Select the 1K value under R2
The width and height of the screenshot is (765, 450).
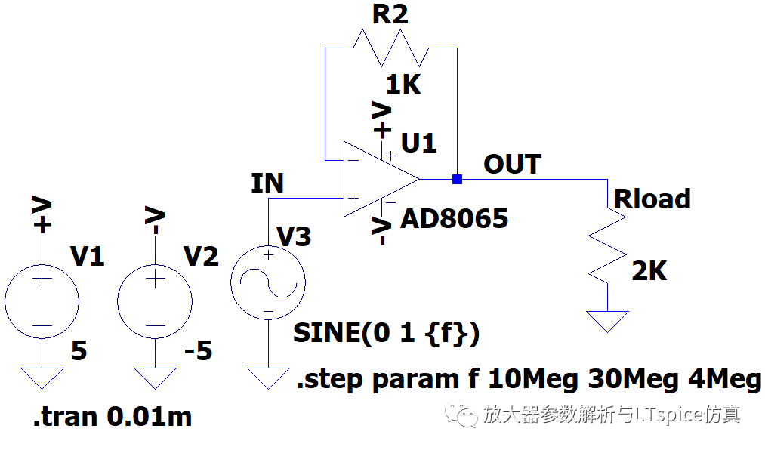click(x=403, y=85)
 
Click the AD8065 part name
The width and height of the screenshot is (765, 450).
click(x=454, y=219)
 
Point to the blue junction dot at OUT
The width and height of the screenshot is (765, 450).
click(x=457, y=179)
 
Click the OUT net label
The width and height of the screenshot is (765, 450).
click(x=512, y=164)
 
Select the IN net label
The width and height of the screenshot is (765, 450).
click(x=267, y=183)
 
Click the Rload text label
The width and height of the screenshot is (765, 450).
click(x=652, y=199)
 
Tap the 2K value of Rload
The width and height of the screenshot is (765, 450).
click(x=649, y=270)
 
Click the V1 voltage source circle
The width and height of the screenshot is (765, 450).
click(x=42, y=301)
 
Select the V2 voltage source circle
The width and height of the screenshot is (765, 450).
click(x=155, y=301)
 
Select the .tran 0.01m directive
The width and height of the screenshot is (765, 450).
click(x=112, y=416)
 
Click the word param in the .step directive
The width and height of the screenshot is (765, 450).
click(x=418, y=380)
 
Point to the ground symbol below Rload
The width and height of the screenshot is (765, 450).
click(x=607, y=321)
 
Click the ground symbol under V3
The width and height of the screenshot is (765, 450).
click(x=267, y=378)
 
